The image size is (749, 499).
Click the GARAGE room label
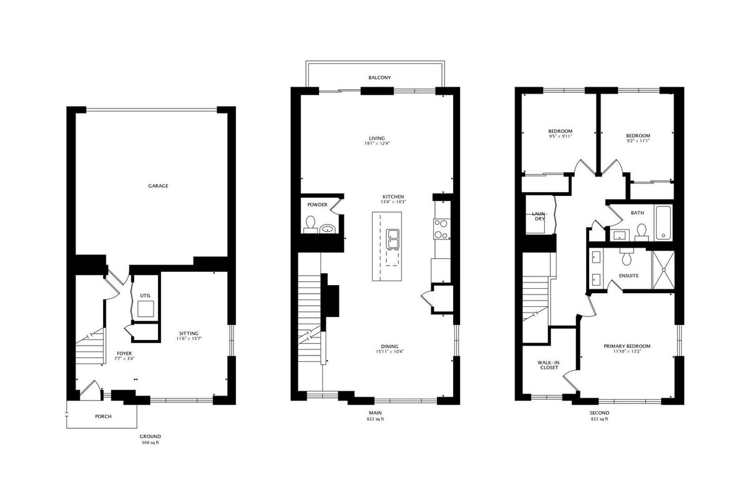pos(158,186)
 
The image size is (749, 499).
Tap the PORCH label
pos(104,417)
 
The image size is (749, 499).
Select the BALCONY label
pos(379,77)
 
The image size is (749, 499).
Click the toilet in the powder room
pos(310,225)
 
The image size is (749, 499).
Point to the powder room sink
pos(327,229)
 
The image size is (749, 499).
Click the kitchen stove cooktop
pos(441,229)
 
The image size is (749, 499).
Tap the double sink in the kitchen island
pos(393,239)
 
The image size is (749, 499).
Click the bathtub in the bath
pos(663,223)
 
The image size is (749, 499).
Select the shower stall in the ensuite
pos(663,269)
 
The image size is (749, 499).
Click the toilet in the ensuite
pos(626,256)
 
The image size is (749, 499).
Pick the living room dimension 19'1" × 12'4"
pos(377,143)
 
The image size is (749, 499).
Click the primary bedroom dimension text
pos(627,351)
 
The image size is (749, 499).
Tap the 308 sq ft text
pos(150,442)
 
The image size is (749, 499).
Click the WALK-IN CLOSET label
pos(549,365)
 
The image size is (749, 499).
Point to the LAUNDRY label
pos(540,216)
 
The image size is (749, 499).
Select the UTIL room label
pos(145,296)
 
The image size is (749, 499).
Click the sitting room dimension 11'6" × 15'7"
pos(189,339)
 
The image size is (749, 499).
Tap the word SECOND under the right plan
pos(600,413)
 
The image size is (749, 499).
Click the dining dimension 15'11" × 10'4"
pos(390,352)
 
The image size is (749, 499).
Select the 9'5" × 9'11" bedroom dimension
pos(560,137)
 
